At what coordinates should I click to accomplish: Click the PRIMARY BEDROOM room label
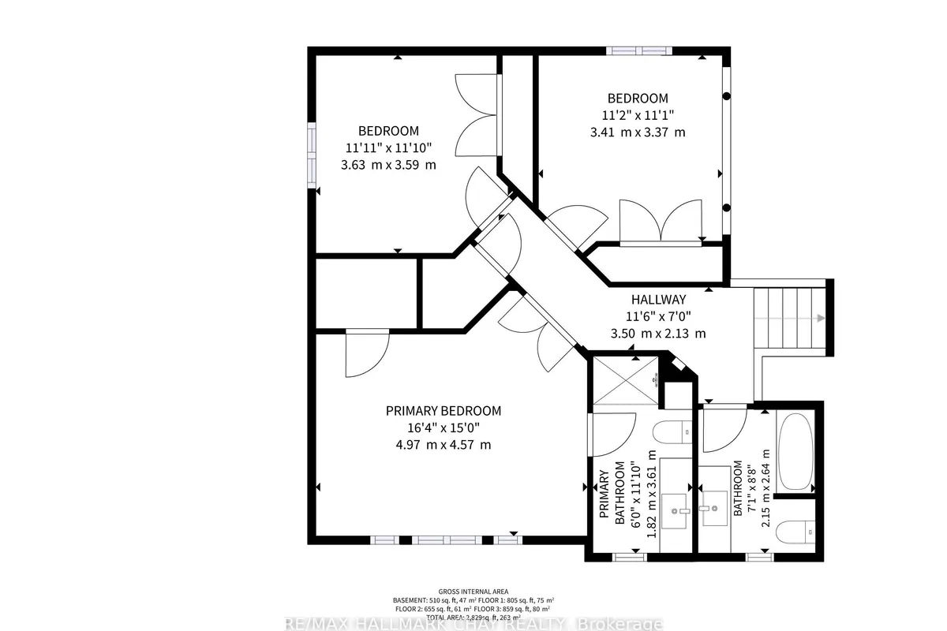443,411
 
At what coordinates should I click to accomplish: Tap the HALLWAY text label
658,300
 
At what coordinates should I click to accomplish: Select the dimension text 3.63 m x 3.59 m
388,165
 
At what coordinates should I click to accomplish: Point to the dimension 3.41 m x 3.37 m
638,132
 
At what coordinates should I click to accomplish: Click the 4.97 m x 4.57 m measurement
443,444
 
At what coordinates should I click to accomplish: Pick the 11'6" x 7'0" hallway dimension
658,316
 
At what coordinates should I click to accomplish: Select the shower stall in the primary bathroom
624,382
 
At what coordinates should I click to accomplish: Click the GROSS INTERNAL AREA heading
473,592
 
